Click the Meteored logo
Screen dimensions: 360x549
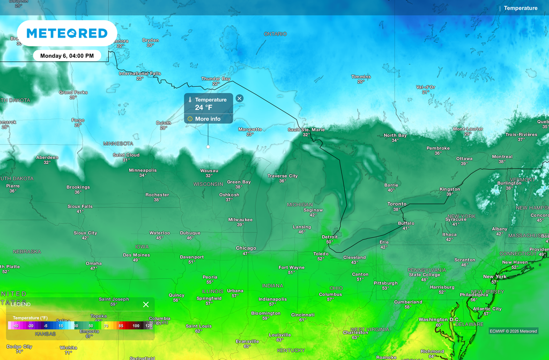pyautogui.click(x=66, y=33)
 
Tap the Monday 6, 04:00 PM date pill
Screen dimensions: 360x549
pyautogui.click(x=66, y=56)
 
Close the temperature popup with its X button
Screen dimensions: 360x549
pyautogui.click(x=240, y=98)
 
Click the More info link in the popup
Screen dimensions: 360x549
pyautogui.click(x=207, y=119)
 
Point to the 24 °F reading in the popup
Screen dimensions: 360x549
pyautogui.click(x=204, y=108)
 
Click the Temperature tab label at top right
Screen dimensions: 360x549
pyautogui.click(x=521, y=8)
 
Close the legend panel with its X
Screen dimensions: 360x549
pyautogui.click(x=146, y=304)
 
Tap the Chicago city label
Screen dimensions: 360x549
pyautogui.click(x=246, y=248)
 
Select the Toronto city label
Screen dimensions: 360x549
pyautogui.click(x=397, y=204)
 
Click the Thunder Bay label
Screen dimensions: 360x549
pyautogui.click(x=216, y=79)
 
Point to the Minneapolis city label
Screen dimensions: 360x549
pyautogui.click(x=143, y=170)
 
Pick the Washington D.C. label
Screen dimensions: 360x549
pyautogui.click(x=439, y=319)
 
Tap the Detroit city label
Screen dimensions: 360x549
pyautogui.click(x=330, y=237)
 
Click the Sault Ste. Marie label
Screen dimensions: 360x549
pyautogui.click(x=306, y=129)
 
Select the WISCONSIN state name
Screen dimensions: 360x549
pyautogui.click(x=208, y=184)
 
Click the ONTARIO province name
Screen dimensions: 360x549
pyautogui.click(x=275, y=34)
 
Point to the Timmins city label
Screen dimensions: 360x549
pyautogui.click(x=361, y=77)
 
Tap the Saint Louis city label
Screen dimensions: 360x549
pyautogui.click(x=198, y=326)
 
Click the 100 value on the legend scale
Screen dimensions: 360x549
pyautogui.click(x=136, y=325)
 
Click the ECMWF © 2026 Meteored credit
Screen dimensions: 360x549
pyautogui.click(x=513, y=331)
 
